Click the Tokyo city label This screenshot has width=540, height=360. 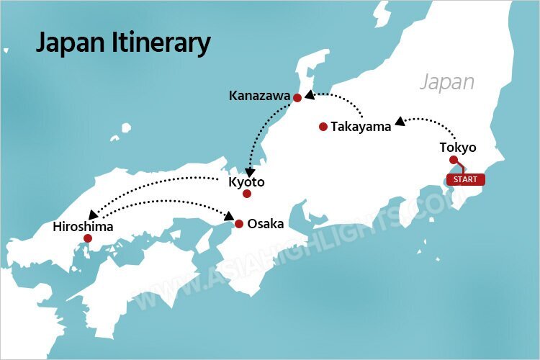458,148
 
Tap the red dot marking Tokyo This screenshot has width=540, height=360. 453,160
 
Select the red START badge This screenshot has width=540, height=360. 465,179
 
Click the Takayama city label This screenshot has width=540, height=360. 361,127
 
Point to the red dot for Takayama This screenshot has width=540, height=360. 323,127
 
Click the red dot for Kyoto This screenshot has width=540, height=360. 247,194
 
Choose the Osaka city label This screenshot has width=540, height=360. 265,224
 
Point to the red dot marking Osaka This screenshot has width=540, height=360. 238,223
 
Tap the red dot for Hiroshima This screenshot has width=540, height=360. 87,238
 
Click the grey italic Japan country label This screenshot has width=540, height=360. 447,81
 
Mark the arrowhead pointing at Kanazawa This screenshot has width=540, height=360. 308,94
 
